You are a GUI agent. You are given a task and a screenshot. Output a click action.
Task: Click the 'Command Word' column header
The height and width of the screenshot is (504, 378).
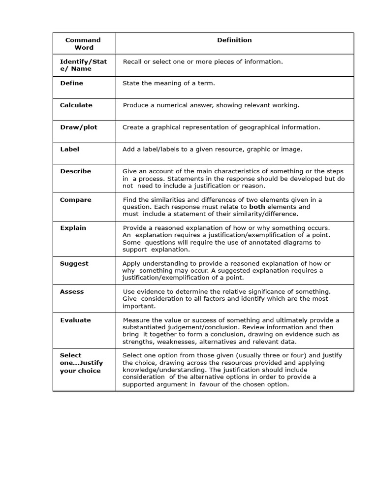point(83,44)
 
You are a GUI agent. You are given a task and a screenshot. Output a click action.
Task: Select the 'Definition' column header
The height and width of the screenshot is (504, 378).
point(234,40)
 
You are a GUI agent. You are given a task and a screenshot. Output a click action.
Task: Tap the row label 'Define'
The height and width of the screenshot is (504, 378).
point(72,83)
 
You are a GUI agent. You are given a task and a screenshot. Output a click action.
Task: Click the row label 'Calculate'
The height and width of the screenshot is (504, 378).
point(76,105)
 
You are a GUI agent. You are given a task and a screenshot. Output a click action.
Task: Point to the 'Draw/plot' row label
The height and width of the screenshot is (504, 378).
point(79,127)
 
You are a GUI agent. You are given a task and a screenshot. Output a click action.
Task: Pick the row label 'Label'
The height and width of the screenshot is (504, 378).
point(70,149)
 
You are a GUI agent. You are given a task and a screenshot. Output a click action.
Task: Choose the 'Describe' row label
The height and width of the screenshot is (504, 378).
point(76,171)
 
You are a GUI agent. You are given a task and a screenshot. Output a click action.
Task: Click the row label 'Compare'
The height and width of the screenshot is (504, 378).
point(76,200)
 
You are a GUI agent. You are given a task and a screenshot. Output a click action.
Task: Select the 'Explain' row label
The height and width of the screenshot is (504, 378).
point(73,228)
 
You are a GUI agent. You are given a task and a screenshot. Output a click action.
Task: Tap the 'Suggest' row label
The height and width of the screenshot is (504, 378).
point(74,264)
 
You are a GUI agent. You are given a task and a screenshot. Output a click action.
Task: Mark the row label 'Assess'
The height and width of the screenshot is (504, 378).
point(72,292)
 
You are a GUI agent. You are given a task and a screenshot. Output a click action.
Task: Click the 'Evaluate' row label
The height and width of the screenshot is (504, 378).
point(76,320)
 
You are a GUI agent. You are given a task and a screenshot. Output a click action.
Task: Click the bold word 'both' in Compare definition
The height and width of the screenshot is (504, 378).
point(257,207)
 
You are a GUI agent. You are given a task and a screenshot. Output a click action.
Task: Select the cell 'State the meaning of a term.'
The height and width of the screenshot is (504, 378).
point(169,83)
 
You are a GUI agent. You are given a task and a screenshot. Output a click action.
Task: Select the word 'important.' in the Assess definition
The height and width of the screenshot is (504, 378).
point(139,306)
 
